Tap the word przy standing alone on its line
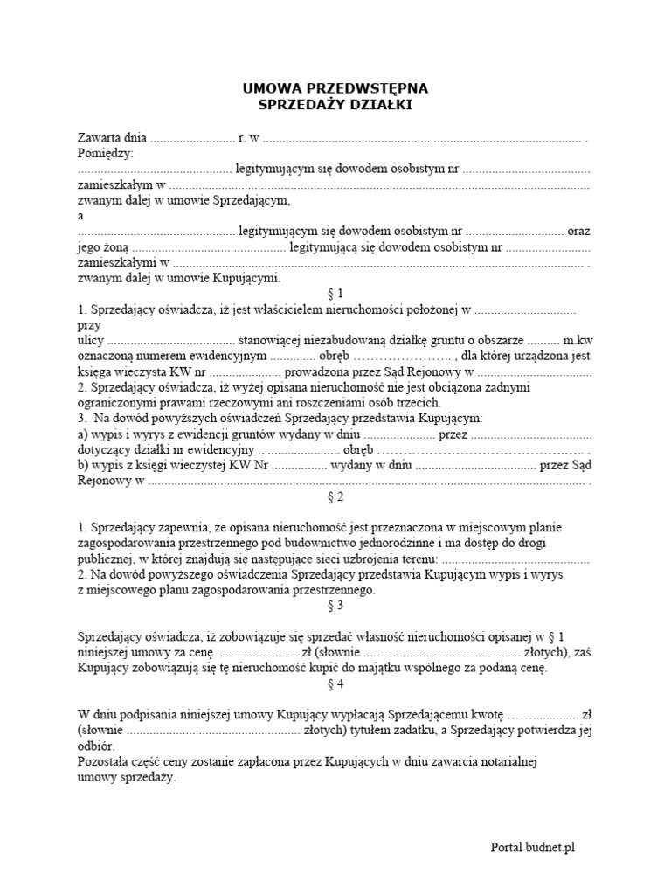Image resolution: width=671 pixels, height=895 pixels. coord(89,324)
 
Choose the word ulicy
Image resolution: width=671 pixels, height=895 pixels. coord(90,340)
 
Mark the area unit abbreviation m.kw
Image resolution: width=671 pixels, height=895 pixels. coord(578,340)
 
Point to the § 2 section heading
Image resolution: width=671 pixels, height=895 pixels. coord(335,497)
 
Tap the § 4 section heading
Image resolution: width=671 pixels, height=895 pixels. coord(335,684)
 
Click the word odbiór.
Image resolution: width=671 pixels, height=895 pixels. coord(95,746)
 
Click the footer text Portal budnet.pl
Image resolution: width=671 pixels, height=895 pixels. coord(532,847)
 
